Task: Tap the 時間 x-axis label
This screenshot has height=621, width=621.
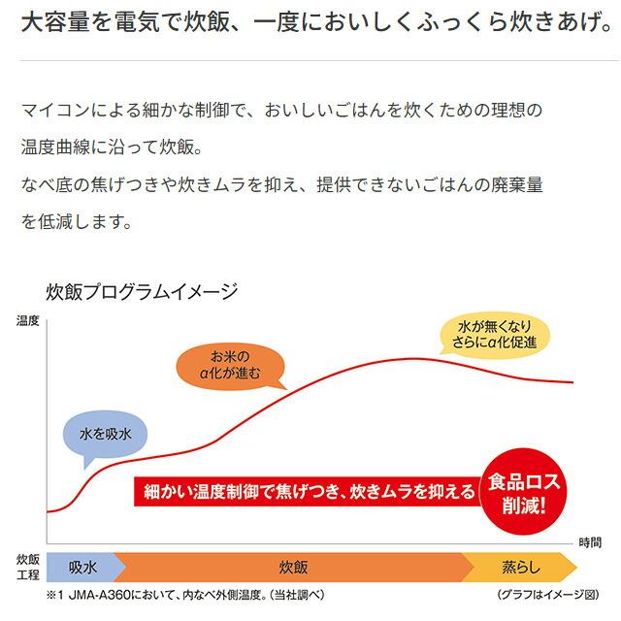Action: tap(589, 540)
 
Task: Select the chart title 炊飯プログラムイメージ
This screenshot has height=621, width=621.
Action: tap(142, 291)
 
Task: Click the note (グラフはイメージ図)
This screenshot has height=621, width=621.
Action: tap(547, 593)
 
